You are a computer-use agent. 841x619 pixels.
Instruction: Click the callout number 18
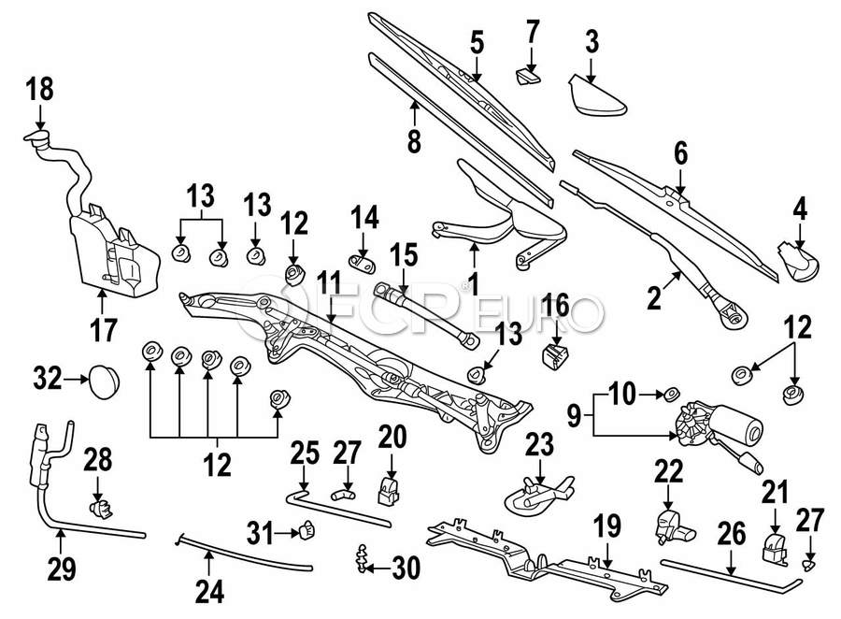[40, 91]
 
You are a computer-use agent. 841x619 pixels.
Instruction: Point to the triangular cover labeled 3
[596, 96]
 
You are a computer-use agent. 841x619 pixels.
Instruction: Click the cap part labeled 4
[799, 257]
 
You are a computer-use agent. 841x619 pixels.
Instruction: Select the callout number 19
[608, 525]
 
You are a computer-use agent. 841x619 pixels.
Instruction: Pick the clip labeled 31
[305, 534]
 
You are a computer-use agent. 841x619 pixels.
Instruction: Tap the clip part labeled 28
[101, 508]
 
